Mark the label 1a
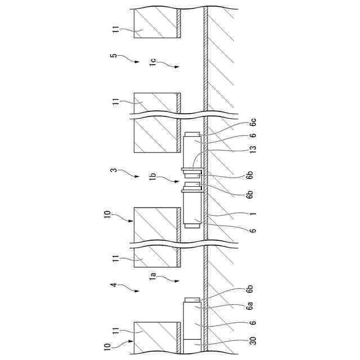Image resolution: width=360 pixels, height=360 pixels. (x=153, y=276)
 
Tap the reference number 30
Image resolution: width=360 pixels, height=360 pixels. (x=253, y=341)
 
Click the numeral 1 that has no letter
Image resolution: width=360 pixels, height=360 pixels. (x=253, y=214)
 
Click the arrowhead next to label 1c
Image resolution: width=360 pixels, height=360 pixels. (x=177, y=67)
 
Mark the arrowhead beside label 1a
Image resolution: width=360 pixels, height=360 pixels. (x=177, y=280)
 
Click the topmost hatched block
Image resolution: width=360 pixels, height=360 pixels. (x=156, y=24)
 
